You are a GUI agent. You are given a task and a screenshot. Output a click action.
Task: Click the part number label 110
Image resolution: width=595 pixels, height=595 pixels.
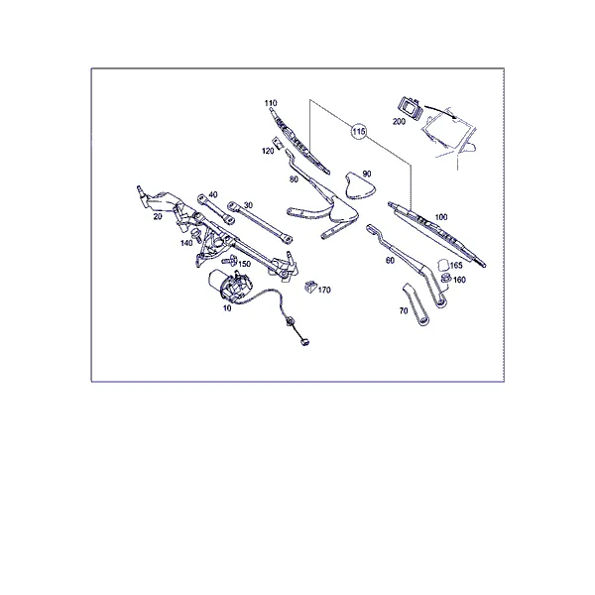click(x=271, y=103)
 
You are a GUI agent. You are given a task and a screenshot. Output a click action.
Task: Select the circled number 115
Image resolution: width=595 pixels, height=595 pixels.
click(x=358, y=131)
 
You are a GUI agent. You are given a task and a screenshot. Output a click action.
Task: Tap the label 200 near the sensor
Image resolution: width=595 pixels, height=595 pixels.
click(x=399, y=121)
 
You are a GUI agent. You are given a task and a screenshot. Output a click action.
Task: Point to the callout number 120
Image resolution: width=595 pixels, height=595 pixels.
click(x=268, y=151)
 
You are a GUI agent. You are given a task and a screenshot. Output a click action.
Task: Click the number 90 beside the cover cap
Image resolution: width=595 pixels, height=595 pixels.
click(x=367, y=174)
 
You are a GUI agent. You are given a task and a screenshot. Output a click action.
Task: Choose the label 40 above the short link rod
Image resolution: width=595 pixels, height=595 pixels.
click(x=213, y=194)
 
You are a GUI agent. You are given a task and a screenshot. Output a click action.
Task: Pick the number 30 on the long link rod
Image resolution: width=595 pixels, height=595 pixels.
click(x=248, y=205)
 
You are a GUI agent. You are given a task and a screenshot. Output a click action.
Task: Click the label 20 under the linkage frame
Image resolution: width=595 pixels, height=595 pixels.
click(x=158, y=216)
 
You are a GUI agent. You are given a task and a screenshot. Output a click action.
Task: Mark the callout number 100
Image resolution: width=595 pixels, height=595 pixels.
click(x=441, y=217)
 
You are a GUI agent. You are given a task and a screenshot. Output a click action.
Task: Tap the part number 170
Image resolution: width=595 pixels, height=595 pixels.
click(x=324, y=290)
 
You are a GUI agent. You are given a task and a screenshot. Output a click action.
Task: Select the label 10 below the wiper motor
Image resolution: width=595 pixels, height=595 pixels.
click(x=227, y=308)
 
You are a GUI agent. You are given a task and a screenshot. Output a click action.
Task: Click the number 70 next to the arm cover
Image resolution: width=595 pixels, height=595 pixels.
click(x=404, y=310)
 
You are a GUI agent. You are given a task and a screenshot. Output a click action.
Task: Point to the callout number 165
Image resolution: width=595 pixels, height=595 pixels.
click(x=456, y=265)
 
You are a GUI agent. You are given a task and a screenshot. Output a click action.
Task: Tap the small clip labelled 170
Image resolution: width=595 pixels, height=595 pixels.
click(x=310, y=287)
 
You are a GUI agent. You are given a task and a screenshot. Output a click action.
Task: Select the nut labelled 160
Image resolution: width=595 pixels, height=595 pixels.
click(x=446, y=278)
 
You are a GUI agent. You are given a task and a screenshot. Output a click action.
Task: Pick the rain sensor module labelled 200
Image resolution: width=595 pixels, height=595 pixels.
click(x=409, y=108)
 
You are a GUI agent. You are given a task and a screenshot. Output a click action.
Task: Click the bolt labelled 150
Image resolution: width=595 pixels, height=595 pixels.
click(x=230, y=260)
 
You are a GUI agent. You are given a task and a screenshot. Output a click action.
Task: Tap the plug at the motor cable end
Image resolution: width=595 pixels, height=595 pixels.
click(x=304, y=342)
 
